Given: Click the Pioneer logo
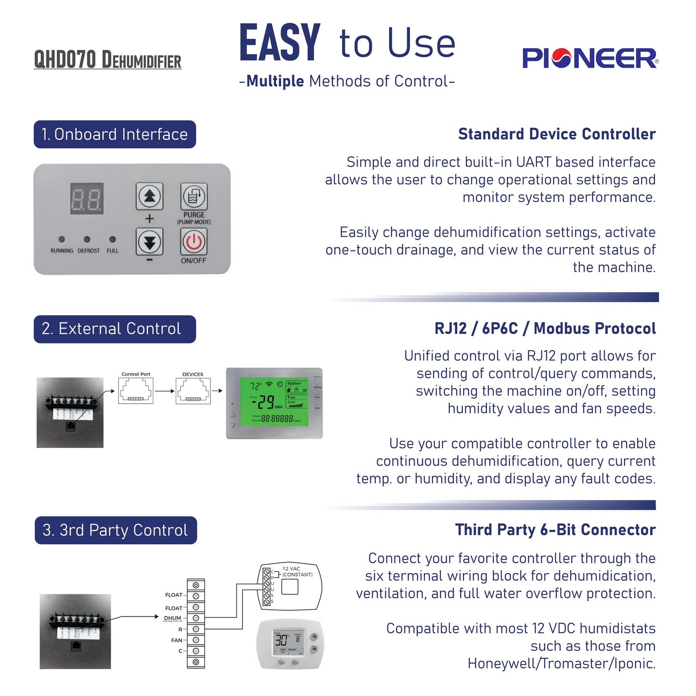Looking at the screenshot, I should tap(590, 58).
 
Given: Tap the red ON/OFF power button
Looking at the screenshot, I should tap(194, 241).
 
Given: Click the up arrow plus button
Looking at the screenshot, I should tap(149, 196).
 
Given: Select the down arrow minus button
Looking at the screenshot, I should tap(149, 242).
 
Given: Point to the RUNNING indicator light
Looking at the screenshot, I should tap(62, 239).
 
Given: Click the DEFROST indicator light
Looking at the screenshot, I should tap(87, 239).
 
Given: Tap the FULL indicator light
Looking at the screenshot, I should tap(112, 239).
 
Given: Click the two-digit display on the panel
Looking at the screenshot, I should tap(87, 198).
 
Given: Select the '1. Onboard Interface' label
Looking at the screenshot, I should tap(115, 134).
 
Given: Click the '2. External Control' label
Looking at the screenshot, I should tap(115, 329).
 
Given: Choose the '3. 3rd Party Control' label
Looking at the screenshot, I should tap(116, 530).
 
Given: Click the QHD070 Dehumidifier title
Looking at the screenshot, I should tap(107, 60).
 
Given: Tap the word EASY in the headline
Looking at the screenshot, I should tap(280, 43).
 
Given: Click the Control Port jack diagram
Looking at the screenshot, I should tap(136, 391).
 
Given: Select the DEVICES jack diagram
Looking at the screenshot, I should tap(193, 391).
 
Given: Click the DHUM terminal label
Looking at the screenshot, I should tap(172, 618).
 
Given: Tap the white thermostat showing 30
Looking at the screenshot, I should tap(291, 644).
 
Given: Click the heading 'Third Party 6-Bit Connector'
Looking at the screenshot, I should tap(555, 530).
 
